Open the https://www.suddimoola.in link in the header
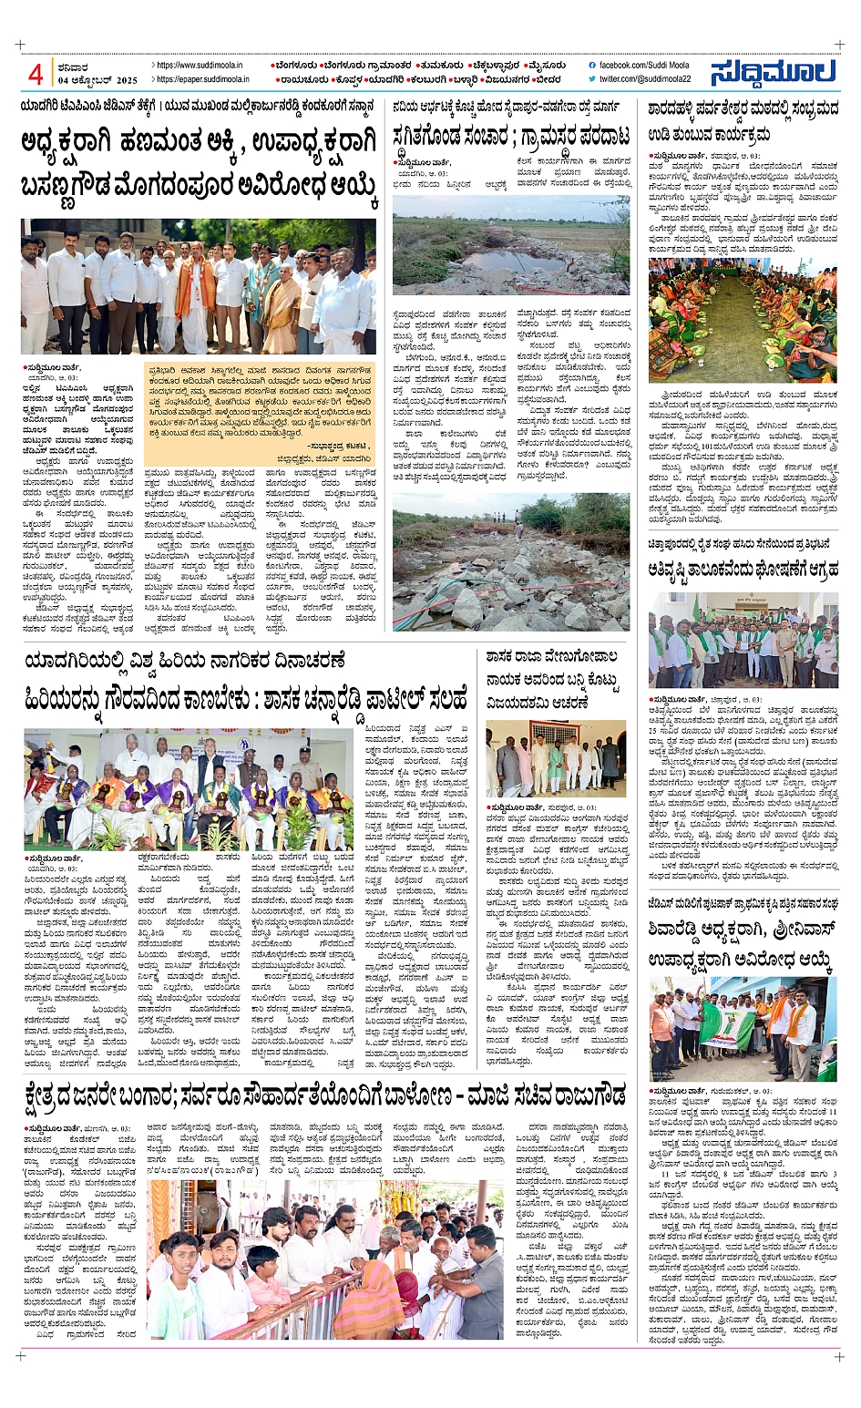point(200,66)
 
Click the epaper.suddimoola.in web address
point(203,79)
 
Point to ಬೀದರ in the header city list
point(547,79)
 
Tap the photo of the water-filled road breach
point(510,245)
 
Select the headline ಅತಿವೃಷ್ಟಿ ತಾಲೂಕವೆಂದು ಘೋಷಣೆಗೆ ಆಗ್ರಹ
point(743,570)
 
